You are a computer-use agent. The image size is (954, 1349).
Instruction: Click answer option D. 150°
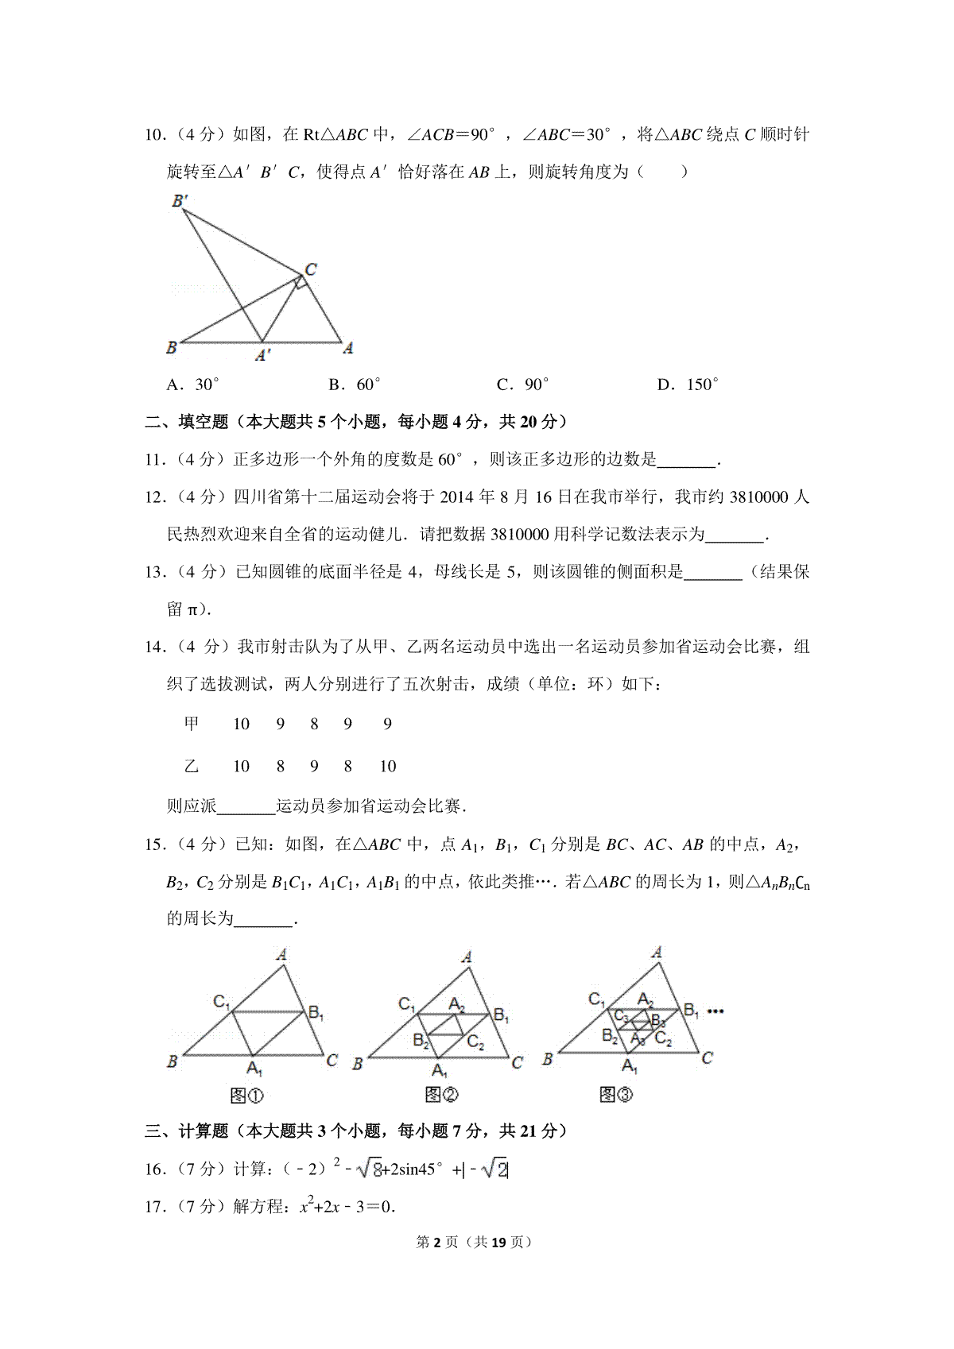point(688,385)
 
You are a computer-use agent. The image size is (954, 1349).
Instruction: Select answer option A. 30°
point(192,385)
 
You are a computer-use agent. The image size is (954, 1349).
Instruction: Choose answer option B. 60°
point(355,385)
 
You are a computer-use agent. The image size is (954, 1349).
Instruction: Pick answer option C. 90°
point(522,385)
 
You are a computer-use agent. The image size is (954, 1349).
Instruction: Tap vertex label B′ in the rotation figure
point(180,201)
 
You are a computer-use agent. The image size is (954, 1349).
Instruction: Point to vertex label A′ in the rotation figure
point(263,355)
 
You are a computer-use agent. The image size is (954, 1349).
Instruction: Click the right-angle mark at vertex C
point(299,282)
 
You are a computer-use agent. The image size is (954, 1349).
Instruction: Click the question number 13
point(154,572)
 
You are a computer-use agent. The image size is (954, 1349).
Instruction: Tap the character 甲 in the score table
point(192,724)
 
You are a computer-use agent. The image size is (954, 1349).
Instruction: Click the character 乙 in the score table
point(192,767)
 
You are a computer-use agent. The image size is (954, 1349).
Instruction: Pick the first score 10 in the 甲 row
point(241,724)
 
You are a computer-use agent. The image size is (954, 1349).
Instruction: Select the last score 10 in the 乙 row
point(387,767)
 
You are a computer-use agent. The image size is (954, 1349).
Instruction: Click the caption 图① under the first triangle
point(246,1096)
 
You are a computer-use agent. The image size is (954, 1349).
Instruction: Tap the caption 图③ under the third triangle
point(616,1096)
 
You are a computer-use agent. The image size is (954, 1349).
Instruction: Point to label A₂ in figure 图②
point(456,1004)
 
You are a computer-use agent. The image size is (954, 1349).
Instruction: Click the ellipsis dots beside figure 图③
point(715,1011)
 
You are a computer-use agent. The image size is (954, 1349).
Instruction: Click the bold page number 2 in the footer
point(436,1242)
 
